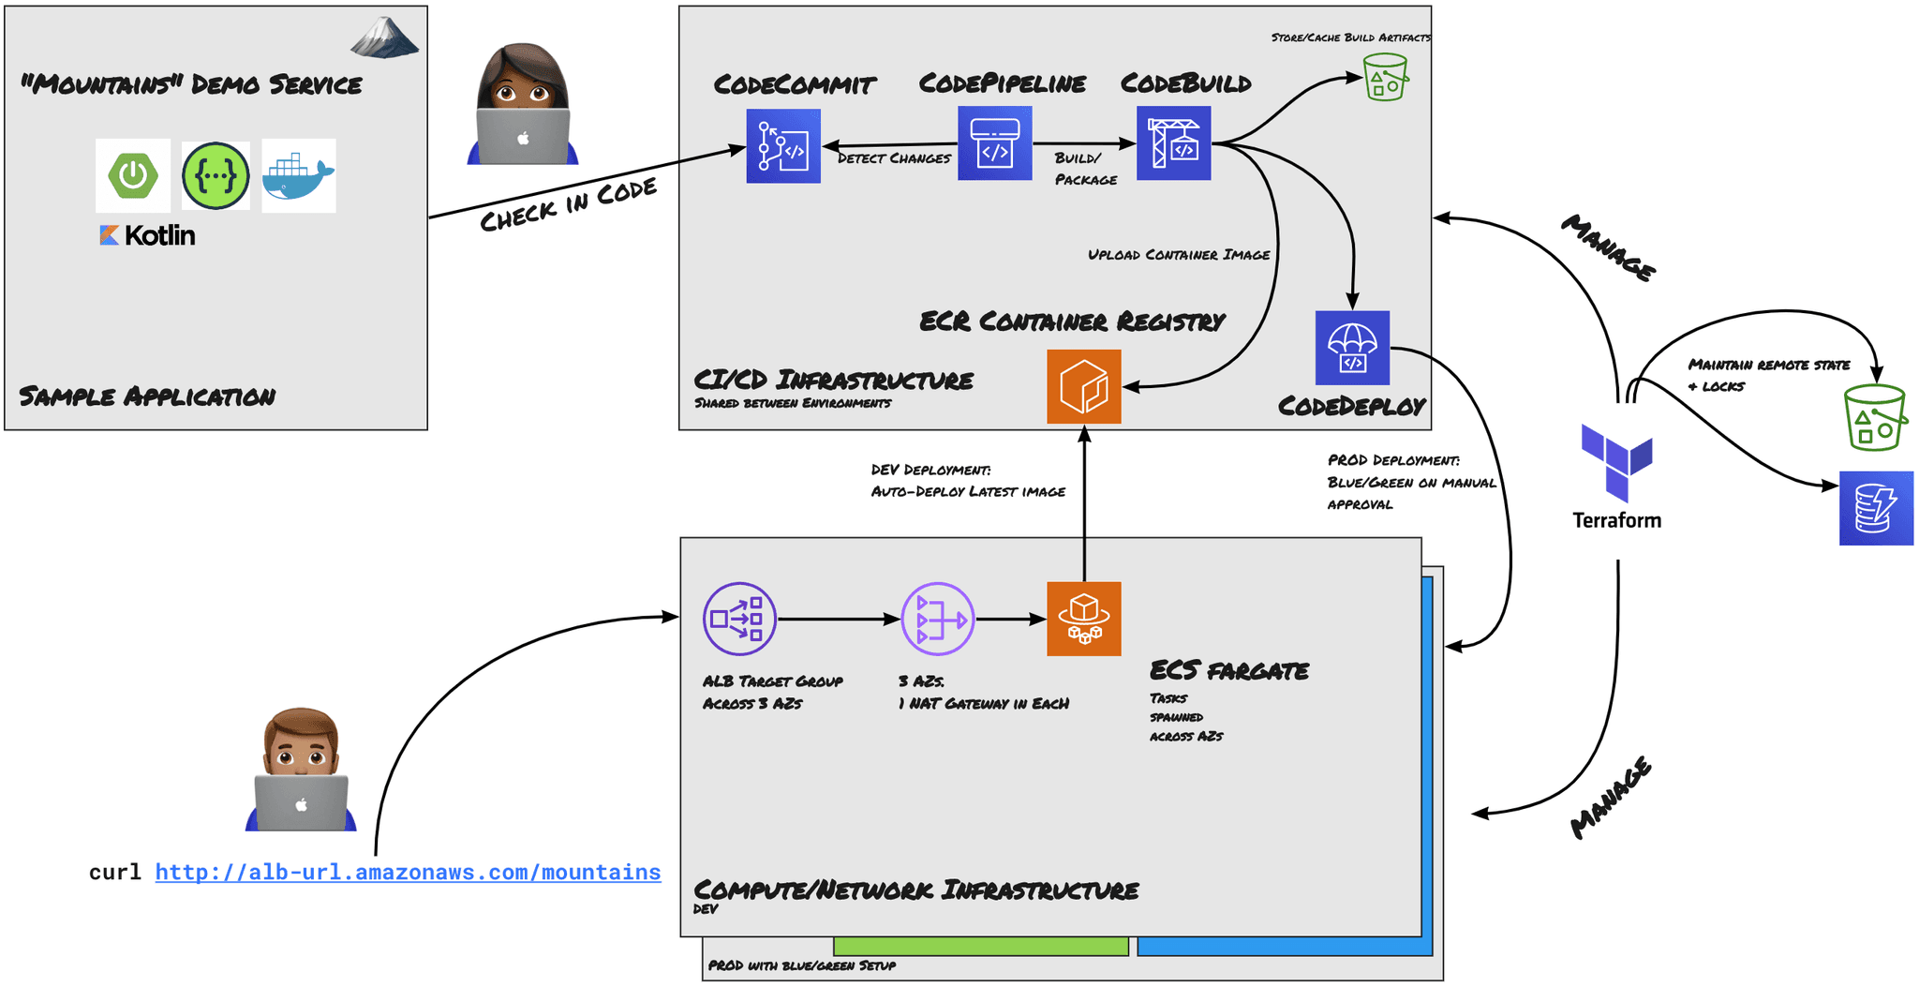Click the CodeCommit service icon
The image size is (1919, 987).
pos(783,146)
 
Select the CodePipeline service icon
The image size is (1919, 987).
pos(994,143)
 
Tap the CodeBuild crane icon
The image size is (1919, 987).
pos(1173,143)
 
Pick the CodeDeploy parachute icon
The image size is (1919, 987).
pos(1352,348)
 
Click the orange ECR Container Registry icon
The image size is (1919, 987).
pos(1083,386)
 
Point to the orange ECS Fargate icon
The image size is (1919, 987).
pos(1083,619)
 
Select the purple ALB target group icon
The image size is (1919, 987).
pos(739,619)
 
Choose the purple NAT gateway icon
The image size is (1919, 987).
pos(937,619)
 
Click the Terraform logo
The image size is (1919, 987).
pos(1616,463)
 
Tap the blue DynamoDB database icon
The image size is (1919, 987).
pos(1875,508)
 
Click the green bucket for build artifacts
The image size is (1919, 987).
pos(1385,77)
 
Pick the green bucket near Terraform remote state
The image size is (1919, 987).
pos(1874,418)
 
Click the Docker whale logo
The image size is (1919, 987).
pos(298,176)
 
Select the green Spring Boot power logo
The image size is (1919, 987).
pos(133,175)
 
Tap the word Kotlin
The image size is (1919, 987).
pos(159,235)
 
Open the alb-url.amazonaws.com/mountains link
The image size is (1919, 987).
pos(408,872)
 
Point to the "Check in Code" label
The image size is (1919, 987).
pos(568,205)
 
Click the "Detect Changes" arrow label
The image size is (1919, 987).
pos(894,158)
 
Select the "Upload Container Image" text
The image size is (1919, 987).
pos(1179,255)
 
